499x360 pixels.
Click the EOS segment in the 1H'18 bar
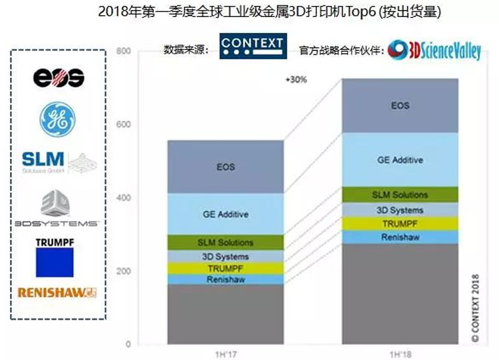(x=400, y=106)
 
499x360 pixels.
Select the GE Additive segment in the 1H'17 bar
(x=226, y=214)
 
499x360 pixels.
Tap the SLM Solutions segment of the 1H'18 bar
(x=400, y=194)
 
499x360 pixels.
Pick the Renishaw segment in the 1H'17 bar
(x=226, y=279)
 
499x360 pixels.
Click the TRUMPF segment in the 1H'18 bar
(x=400, y=223)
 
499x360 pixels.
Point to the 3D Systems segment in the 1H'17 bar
(x=226, y=256)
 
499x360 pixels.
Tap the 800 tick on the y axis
(x=123, y=51)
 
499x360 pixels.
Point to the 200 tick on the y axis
(x=123, y=271)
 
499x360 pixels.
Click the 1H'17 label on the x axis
(x=225, y=353)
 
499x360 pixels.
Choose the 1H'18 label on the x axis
(x=400, y=353)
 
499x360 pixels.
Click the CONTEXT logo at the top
(x=252, y=45)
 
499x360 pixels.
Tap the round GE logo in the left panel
(x=58, y=120)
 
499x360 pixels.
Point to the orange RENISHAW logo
(x=57, y=292)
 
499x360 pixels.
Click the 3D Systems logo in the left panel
(x=57, y=210)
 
